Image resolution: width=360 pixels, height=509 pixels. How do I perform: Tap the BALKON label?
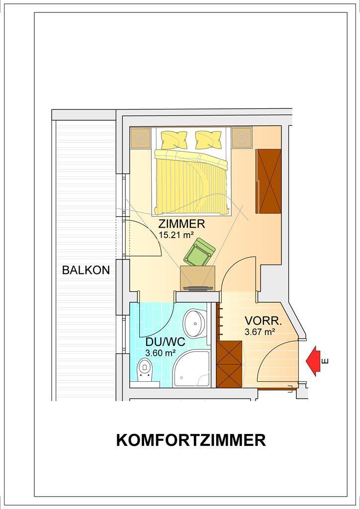(x=86, y=270)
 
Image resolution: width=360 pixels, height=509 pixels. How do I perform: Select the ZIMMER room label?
(x=181, y=224)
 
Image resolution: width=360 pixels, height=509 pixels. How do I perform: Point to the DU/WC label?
(x=165, y=341)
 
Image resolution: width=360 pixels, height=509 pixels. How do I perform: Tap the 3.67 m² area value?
(x=260, y=332)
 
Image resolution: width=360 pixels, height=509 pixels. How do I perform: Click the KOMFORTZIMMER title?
(x=191, y=440)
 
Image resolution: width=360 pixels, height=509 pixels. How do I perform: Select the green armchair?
(x=199, y=252)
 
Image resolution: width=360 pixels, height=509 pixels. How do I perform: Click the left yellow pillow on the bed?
(x=175, y=140)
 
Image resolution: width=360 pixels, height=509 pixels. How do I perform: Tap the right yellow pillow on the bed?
(x=208, y=140)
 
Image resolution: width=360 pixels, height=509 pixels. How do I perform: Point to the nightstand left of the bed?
(x=141, y=138)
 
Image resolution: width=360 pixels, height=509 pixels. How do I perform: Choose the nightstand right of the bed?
(x=242, y=138)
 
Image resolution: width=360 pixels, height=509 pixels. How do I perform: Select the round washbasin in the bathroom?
(x=195, y=323)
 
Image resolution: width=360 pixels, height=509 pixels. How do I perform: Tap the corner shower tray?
(x=191, y=369)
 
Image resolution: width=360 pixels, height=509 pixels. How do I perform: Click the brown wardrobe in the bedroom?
(x=269, y=181)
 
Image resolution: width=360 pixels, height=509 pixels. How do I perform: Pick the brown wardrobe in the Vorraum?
(x=229, y=364)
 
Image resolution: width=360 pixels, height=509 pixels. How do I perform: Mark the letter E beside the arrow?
(x=326, y=361)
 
